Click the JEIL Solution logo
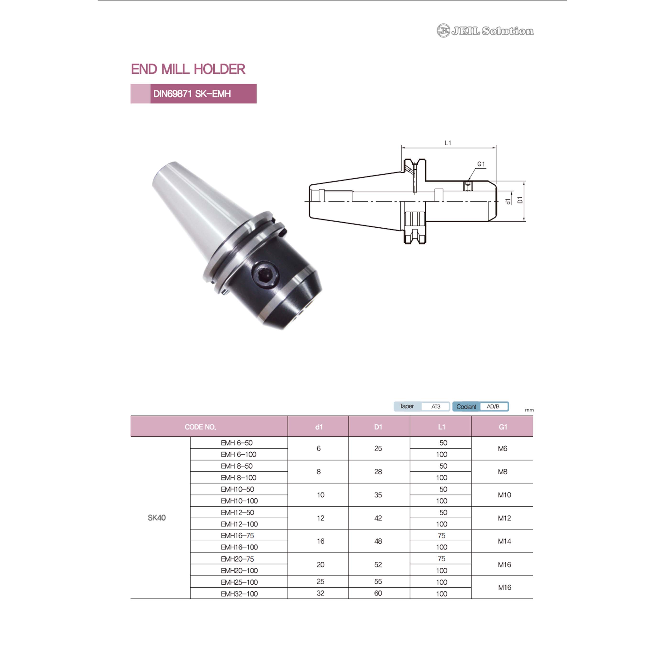[x=485, y=31]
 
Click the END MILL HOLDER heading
[x=188, y=69]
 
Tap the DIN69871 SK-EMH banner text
[x=192, y=94]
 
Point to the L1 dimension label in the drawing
[x=448, y=143]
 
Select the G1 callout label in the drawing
[x=481, y=164]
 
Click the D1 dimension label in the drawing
[x=520, y=200]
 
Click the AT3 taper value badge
[x=436, y=406]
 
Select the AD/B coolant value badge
[x=493, y=406]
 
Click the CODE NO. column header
[x=200, y=427]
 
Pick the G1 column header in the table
[x=503, y=427]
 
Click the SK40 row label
[x=156, y=518]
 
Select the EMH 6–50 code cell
[x=237, y=443]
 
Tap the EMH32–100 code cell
[x=239, y=593]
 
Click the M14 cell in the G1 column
[x=504, y=541]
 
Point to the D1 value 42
[x=378, y=518]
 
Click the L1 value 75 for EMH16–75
[x=442, y=535]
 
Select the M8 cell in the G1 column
[x=502, y=472]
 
